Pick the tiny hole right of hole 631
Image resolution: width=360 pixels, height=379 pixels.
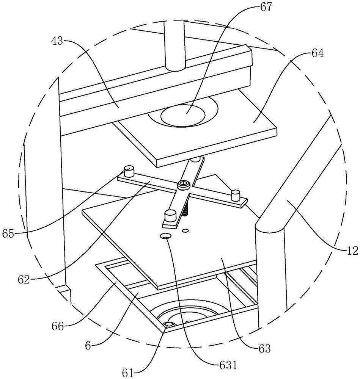[x=185, y=230]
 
